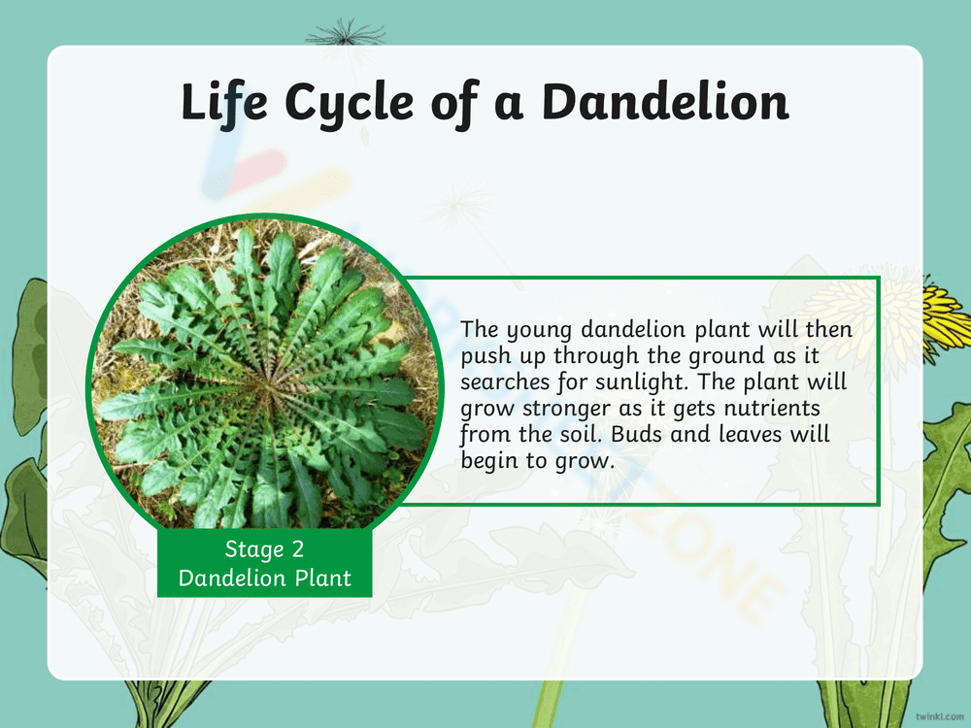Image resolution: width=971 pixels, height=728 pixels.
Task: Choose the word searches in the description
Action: pyautogui.click(x=507, y=381)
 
